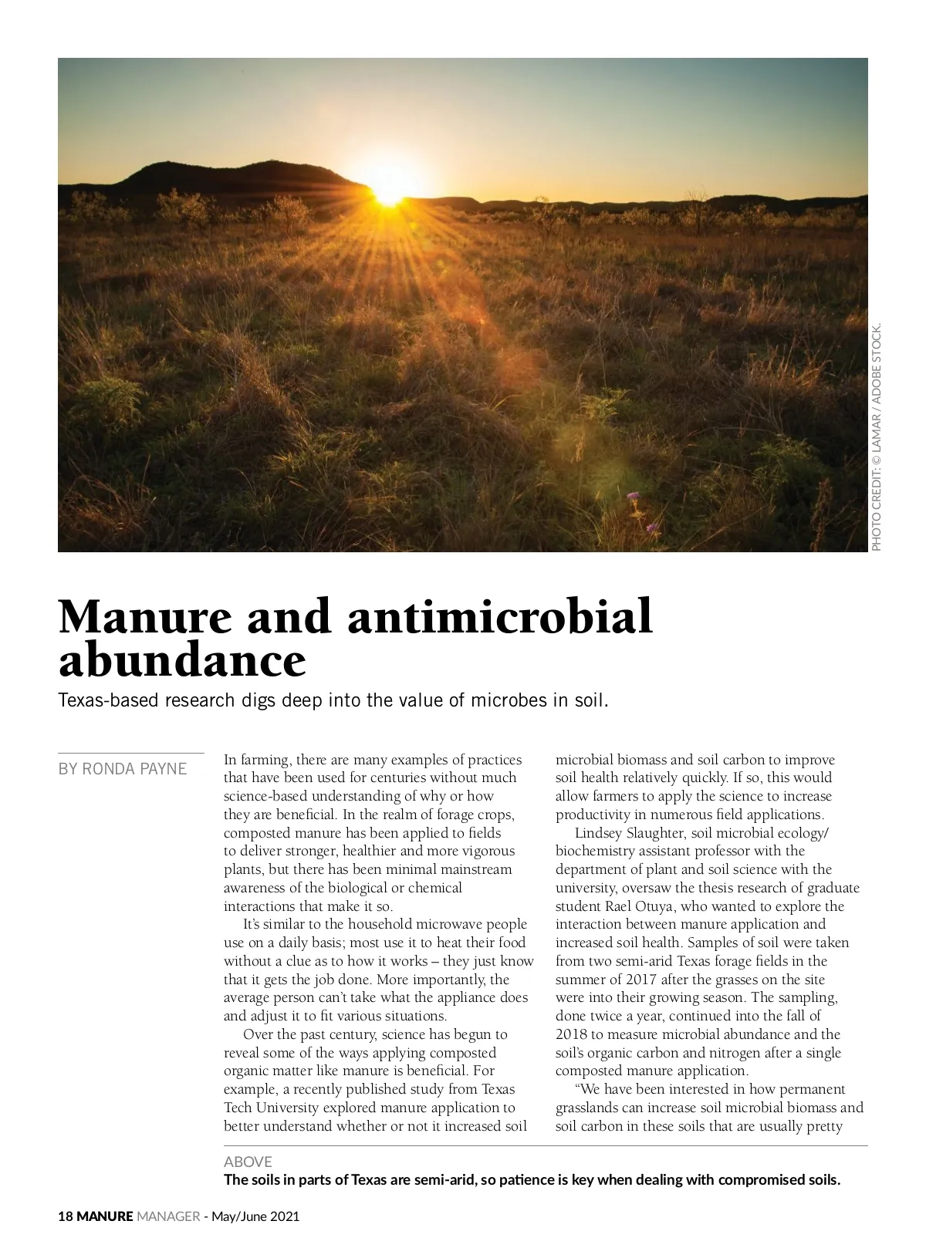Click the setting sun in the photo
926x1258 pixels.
pos(390,194)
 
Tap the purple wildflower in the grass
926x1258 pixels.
pos(635,497)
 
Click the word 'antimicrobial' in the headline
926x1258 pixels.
pos(500,617)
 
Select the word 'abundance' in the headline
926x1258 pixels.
pos(182,660)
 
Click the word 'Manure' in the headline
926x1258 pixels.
pos(144,617)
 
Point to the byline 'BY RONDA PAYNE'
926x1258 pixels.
pos(123,768)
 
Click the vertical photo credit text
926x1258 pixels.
pos(876,436)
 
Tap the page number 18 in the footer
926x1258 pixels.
pos(66,1216)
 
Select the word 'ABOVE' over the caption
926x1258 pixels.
pos(248,1162)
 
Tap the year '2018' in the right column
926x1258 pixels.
pos(572,1034)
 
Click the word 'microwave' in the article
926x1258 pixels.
pos(448,924)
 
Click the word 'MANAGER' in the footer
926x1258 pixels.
pos(167,1216)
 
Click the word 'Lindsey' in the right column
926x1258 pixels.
pos(600,833)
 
